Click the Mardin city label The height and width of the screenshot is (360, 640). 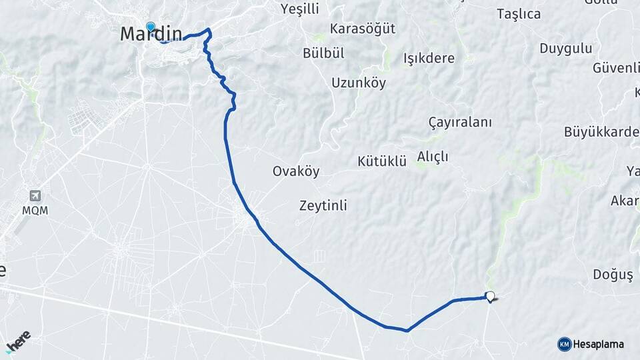pos(151,34)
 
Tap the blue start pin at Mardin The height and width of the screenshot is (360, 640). pos(151,27)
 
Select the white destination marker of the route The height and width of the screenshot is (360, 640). pos(491,297)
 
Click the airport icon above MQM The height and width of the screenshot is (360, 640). pos(35,196)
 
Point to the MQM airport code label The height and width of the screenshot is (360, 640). pos(35,210)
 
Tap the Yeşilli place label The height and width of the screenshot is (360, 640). pos(301,9)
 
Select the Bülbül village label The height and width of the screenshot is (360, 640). pos(323,53)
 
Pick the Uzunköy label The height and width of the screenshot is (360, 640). pos(359,83)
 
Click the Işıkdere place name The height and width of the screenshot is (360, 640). pos(429,58)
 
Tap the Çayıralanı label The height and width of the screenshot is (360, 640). pos(460,123)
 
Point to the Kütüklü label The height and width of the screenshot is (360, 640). pos(382,161)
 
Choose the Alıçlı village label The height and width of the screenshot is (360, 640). pos(433,156)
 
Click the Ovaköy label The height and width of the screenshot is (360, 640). pos(296,171)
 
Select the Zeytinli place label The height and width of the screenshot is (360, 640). pos(323,206)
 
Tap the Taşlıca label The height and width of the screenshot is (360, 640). pos(519,14)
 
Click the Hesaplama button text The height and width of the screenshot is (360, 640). pos(599,344)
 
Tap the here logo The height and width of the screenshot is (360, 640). pos(19,340)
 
